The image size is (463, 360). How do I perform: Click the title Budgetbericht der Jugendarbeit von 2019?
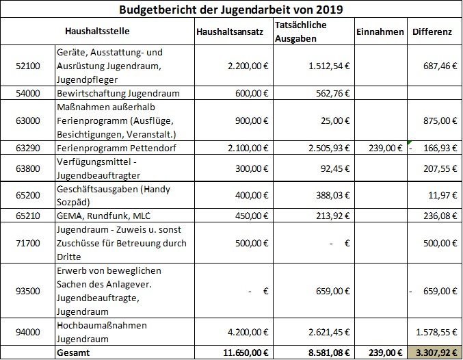pos(231,10)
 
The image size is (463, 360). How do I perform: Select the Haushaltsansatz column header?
pos(230,31)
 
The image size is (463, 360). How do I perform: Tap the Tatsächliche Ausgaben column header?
pos(301,31)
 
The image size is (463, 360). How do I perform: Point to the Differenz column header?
pos(432,31)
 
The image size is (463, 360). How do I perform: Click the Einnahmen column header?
pos(380,31)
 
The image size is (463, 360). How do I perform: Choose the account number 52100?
pos(28,66)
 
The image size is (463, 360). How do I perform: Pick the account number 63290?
pos(28,148)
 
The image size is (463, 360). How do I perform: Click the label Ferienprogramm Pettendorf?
pos(116,148)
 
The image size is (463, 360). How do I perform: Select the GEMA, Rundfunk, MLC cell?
pos(103,216)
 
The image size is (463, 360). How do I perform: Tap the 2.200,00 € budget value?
pos(248,66)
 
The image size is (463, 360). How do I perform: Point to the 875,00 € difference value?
pos(440,120)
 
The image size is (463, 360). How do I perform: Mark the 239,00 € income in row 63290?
pos(385,148)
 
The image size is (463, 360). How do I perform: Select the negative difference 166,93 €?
pos(433,148)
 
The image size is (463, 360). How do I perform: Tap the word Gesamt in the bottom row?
pos(73,352)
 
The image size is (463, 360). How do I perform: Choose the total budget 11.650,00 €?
pos(246,352)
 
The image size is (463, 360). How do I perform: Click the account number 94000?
pos(28,332)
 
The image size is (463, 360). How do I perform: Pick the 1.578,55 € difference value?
pos(437,332)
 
